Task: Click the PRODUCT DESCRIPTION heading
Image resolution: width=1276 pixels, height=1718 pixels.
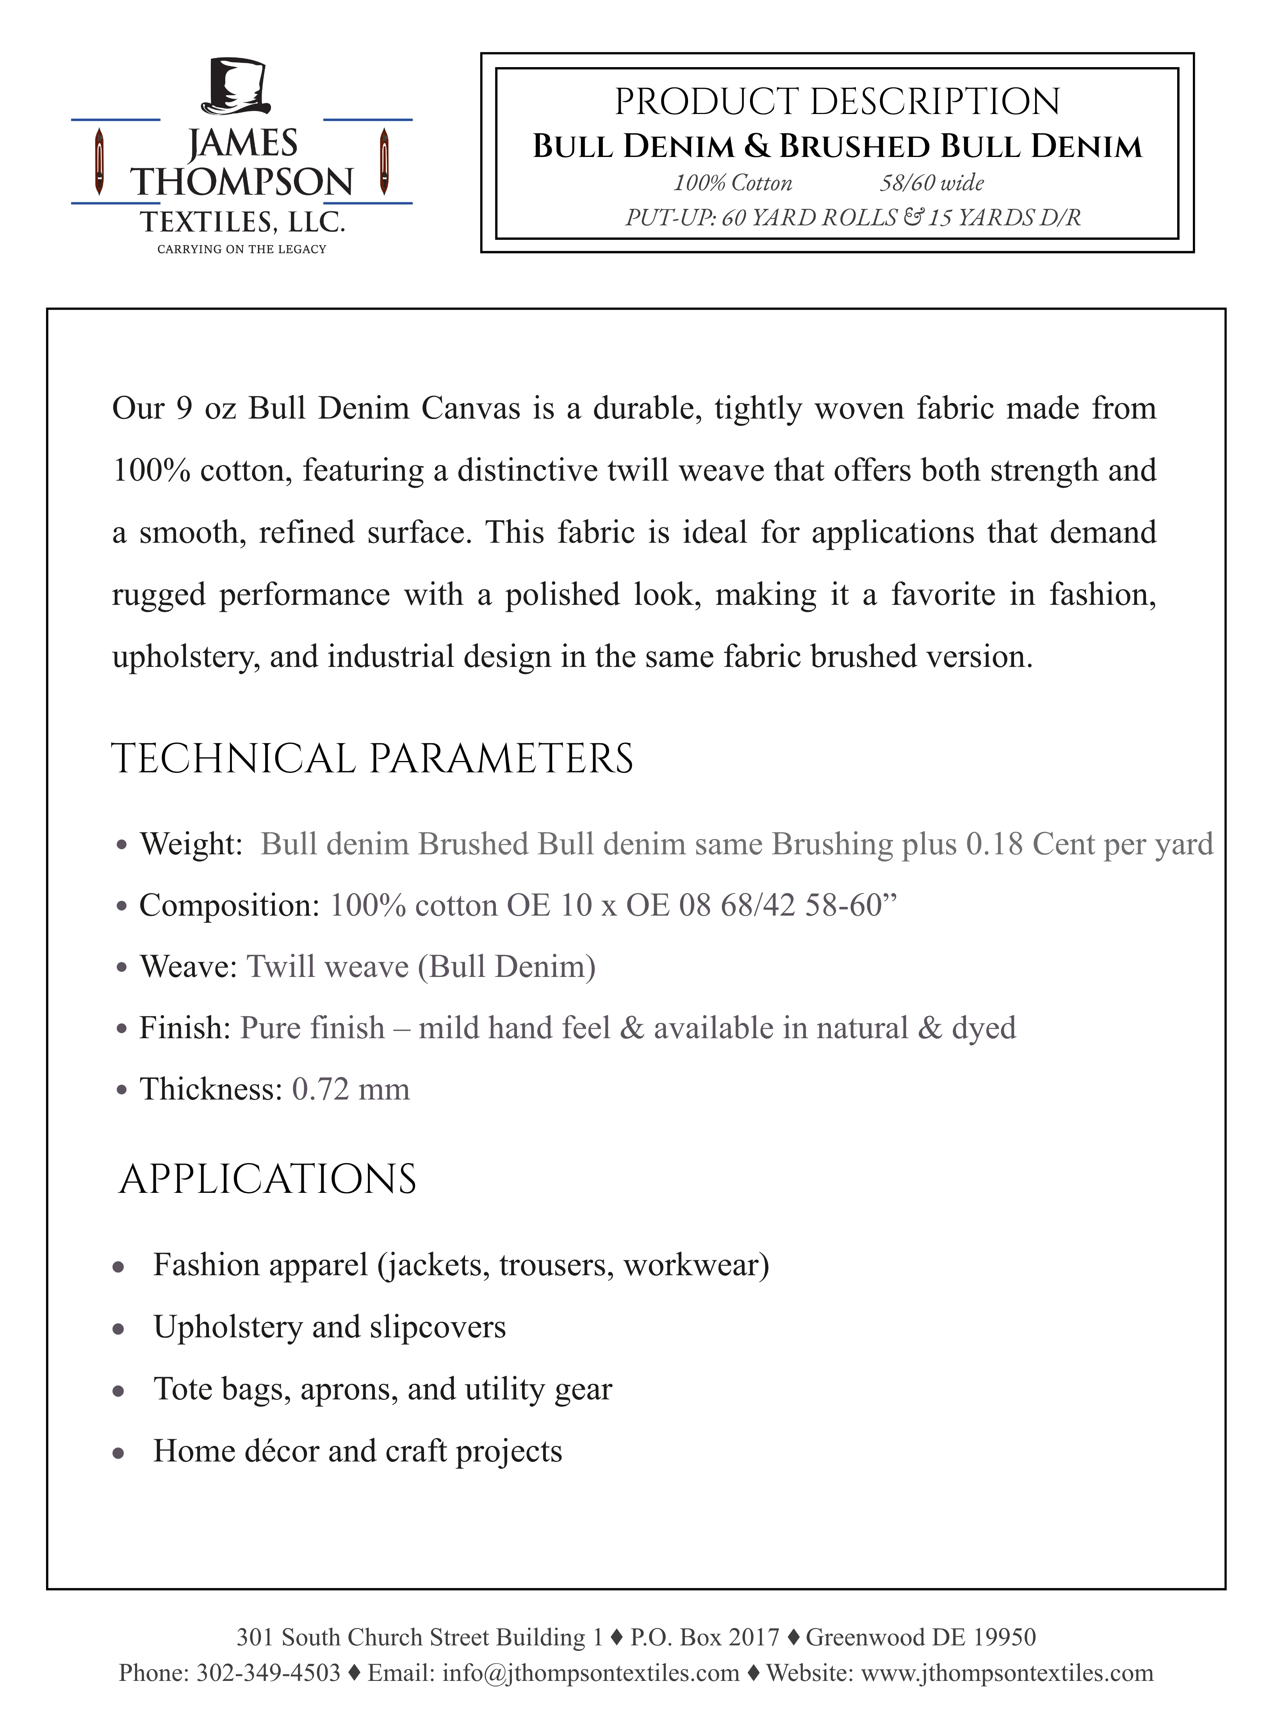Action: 837,102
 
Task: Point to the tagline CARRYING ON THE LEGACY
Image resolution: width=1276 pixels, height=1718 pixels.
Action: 242,249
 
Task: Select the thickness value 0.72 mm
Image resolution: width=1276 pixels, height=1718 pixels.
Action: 351,1089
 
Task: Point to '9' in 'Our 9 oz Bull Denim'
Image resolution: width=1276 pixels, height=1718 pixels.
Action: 183,408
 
